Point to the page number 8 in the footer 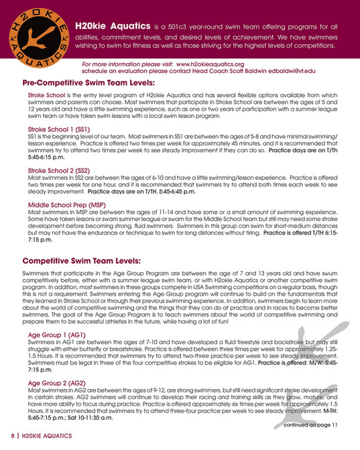coord(13,437)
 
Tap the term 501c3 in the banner coord(198,25)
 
